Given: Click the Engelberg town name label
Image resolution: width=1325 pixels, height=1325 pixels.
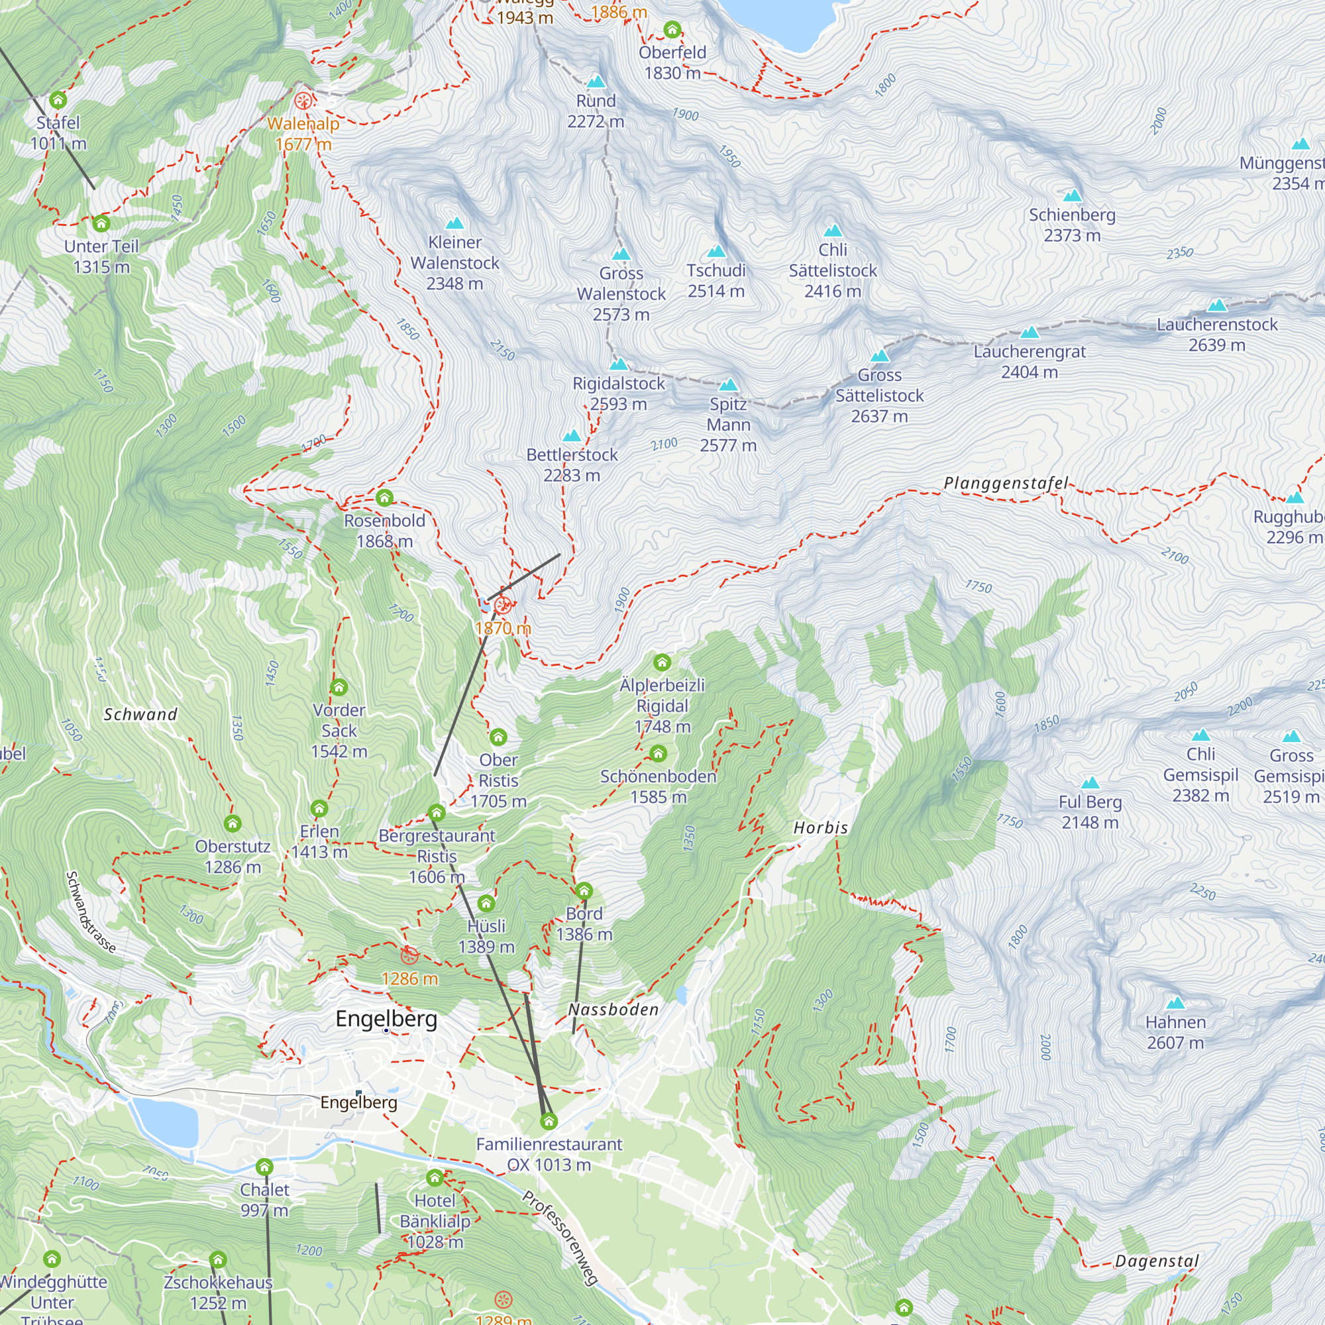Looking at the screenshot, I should (386, 1018).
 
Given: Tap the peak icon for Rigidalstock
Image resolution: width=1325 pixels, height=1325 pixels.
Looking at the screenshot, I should (619, 364).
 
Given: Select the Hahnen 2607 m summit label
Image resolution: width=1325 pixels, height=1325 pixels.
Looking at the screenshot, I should (1175, 1032).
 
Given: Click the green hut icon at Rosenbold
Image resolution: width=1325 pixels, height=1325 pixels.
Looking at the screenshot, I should (385, 498).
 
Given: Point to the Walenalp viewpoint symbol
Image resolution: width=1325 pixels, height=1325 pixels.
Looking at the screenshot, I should (303, 101).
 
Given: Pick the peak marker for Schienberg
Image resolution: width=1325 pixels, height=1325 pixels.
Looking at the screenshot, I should (1072, 195).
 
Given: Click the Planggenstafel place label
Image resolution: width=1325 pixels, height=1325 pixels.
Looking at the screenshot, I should (1006, 484).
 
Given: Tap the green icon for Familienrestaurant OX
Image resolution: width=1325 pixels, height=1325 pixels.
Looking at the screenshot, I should (549, 1122).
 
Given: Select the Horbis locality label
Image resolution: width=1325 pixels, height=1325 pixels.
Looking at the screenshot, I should (821, 827).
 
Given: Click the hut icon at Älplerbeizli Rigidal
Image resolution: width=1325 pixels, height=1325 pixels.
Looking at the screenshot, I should (662, 662).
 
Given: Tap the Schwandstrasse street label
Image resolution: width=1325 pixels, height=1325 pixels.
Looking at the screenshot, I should (91, 912).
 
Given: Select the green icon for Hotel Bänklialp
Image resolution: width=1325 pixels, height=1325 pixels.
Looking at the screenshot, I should (435, 1178).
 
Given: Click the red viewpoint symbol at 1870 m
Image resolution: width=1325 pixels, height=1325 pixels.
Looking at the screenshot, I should (503, 605).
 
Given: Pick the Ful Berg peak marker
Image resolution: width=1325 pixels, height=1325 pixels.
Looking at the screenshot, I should (1090, 783).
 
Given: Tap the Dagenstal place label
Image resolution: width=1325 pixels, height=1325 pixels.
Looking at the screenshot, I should (1157, 1261).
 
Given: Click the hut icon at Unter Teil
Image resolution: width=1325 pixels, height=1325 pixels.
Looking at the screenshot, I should (101, 223).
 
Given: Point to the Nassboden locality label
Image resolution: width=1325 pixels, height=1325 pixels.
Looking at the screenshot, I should (613, 1010).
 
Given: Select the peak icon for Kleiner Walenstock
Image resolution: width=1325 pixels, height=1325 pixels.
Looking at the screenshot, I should (454, 223).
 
